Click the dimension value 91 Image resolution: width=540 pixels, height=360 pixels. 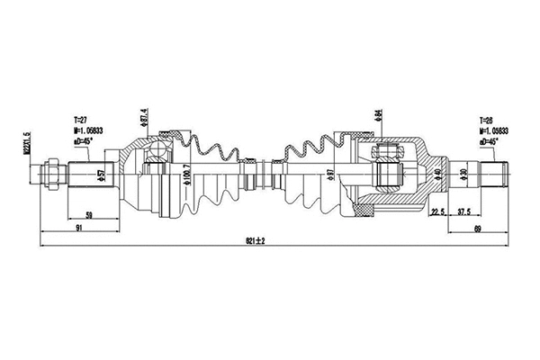point(80,229)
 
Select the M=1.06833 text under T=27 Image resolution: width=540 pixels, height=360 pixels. point(88,130)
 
